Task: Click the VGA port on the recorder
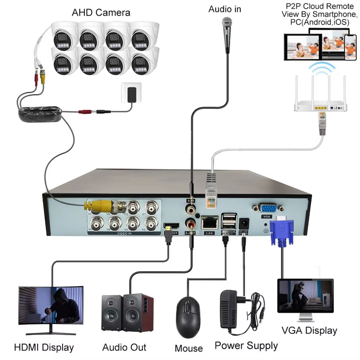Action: point(268,209)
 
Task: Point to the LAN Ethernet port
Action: point(210,223)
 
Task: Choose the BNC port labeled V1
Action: point(151,206)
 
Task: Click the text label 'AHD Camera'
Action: point(101,12)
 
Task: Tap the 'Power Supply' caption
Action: point(246,345)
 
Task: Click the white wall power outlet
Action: point(131,93)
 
